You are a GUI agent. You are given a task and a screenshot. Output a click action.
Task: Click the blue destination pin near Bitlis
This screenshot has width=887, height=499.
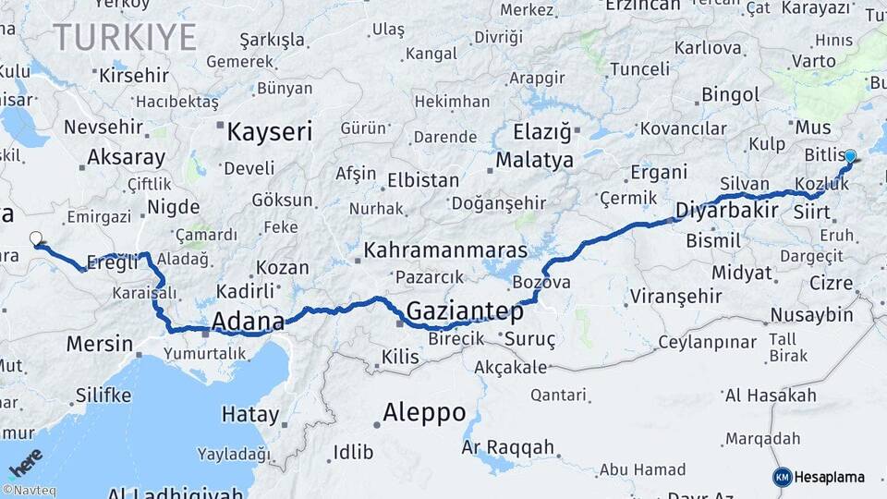coord(850,157)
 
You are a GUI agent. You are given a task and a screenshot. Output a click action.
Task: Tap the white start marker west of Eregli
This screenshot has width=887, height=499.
coord(36,238)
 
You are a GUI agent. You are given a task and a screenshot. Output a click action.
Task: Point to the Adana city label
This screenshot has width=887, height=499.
coord(248,322)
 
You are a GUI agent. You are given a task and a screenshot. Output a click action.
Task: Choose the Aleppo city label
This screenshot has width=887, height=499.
coord(424,412)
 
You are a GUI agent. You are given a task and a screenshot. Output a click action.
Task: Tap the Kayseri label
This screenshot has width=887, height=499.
coord(270,132)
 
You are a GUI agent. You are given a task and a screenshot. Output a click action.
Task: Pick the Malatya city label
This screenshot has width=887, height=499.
coord(535,160)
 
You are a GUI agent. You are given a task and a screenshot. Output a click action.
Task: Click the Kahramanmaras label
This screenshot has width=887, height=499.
coord(445,249)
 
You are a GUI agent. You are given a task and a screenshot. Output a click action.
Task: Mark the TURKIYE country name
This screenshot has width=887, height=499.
coord(125,38)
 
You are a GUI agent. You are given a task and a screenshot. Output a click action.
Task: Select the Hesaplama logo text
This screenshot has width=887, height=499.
coord(829,477)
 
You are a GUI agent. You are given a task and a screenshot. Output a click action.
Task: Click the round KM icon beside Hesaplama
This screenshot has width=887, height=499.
coord(782,477)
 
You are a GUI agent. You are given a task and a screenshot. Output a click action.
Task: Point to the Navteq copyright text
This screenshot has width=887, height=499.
coord(29,491)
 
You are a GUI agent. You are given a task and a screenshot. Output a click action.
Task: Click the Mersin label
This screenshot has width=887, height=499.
coord(100,344)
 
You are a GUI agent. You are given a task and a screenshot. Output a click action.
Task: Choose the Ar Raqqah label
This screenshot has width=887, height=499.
coord(507,447)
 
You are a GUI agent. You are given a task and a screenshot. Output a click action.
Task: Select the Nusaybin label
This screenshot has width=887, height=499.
coord(812,315)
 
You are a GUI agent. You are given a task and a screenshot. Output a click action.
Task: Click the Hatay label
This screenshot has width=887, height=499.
coord(249,415)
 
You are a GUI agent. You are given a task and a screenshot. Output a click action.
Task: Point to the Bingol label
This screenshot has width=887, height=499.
coord(730,94)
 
